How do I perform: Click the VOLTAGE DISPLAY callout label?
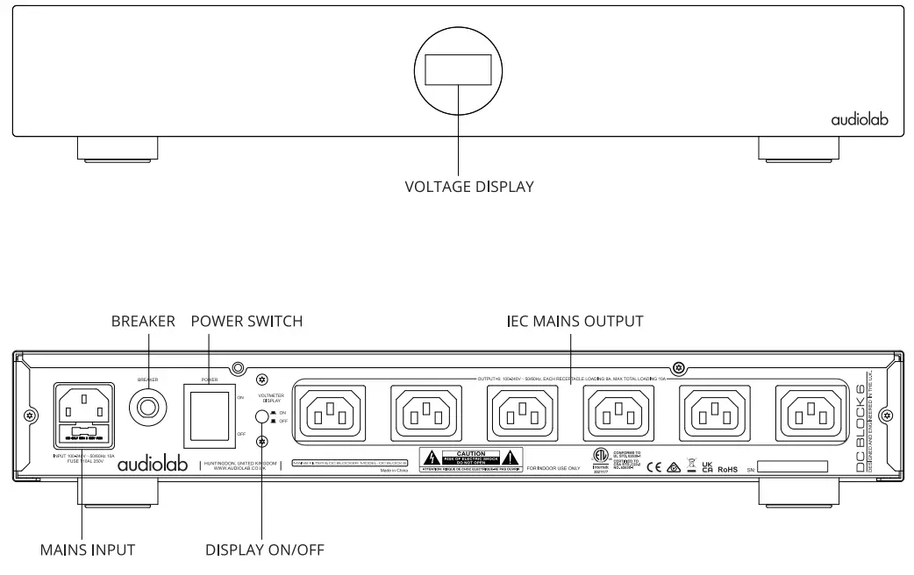[468, 187]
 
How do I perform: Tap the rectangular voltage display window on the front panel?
[458, 69]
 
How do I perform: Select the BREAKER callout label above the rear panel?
[143, 322]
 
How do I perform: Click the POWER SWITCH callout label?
[246, 322]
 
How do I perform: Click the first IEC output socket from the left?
[332, 409]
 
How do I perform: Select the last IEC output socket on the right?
[812, 409]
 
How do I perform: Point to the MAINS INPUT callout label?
[88, 550]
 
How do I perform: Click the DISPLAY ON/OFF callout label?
[265, 550]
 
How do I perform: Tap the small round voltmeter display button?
[261, 417]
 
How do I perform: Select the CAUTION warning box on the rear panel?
[471, 459]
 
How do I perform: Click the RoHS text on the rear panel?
[727, 470]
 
